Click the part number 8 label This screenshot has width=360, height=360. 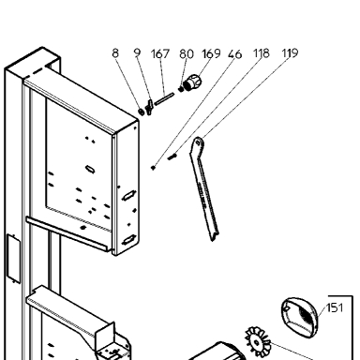pyautogui.click(x=115, y=53)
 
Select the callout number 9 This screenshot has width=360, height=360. pyautogui.click(x=137, y=52)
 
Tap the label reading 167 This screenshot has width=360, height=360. pyautogui.click(x=160, y=53)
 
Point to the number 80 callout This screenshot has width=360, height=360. pyautogui.click(x=187, y=54)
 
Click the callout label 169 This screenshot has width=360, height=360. pyautogui.click(x=211, y=53)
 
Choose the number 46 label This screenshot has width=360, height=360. pyautogui.click(x=234, y=54)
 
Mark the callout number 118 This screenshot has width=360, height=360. pyautogui.click(x=261, y=53)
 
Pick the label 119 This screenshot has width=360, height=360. pyautogui.click(x=290, y=53)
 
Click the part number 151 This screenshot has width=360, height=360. pyautogui.click(x=335, y=307)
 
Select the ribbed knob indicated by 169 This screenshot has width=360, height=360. pyautogui.click(x=192, y=82)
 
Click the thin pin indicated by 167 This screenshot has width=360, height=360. pyautogui.click(x=164, y=99)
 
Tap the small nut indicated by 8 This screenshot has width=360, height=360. pyautogui.click(x=142, y=111)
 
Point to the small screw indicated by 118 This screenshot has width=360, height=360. pyautogui.click(x=172, y=157)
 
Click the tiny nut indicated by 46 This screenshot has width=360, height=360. pyautogui.click(x=153, y=168)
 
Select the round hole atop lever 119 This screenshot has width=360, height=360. pyautogui.click(x=198, y=143)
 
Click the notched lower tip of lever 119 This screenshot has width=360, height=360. pyautogui.click(x=214, y=237)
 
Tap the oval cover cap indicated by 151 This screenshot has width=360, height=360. pyautogui.click(x=299, y=317)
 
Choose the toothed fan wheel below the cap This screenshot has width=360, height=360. pyautogui.click(x=257, y=342)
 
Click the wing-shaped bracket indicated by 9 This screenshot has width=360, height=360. pyautogui.click(x=149, y=107)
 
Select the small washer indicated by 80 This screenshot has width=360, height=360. pyautogui.click(x=181, y=89)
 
